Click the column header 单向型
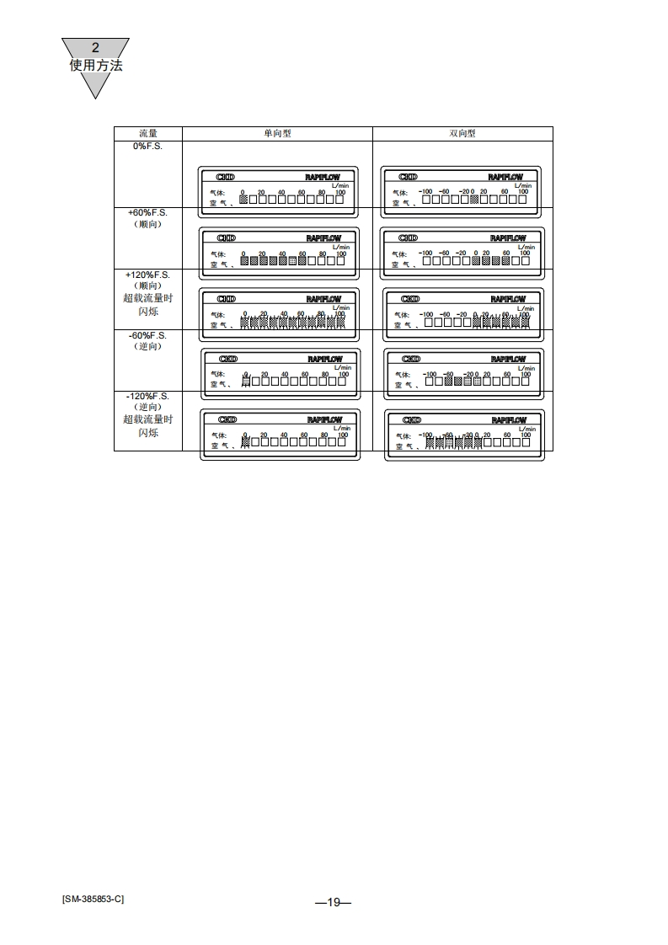[x=277, y=134]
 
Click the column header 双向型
[x=462, y=134]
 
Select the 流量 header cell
[x=148, y=134]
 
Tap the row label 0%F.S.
[x=148, y=147]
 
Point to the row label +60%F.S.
[x=148, y=213]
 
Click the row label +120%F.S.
[x=148, y=275]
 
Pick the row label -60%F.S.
[x=148, y=336]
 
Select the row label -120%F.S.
[x=148, y=396]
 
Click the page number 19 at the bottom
[x=334, y=902]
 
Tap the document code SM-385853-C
[x=93, y=899]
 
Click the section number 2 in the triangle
[x=95, y=48]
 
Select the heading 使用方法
[x=95, y=65]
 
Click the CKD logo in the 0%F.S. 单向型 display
[x=226, y=178]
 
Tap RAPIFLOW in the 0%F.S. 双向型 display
[x=505, y=178]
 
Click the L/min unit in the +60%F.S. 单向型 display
[x=340, y=247]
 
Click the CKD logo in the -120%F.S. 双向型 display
[x=412, y=419]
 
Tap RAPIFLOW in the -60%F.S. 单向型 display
[x=325, y=360]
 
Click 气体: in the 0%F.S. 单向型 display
[x=217, y=193]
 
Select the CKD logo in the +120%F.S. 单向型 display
[x=227, y=299]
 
